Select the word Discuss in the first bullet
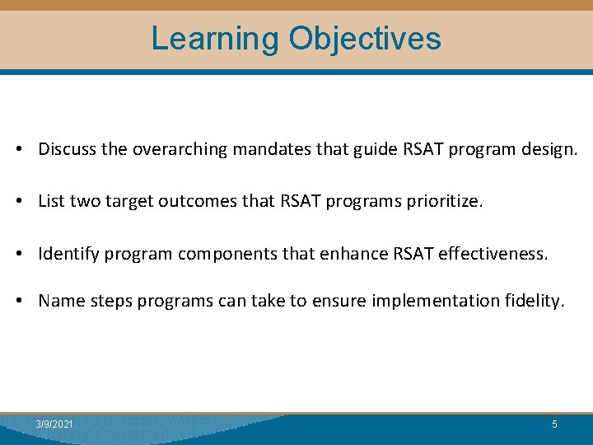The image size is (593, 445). [68, 149]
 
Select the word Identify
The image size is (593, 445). [68, 255]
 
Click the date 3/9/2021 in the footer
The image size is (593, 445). [54, 424]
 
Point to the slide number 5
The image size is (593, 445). [554, 424]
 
